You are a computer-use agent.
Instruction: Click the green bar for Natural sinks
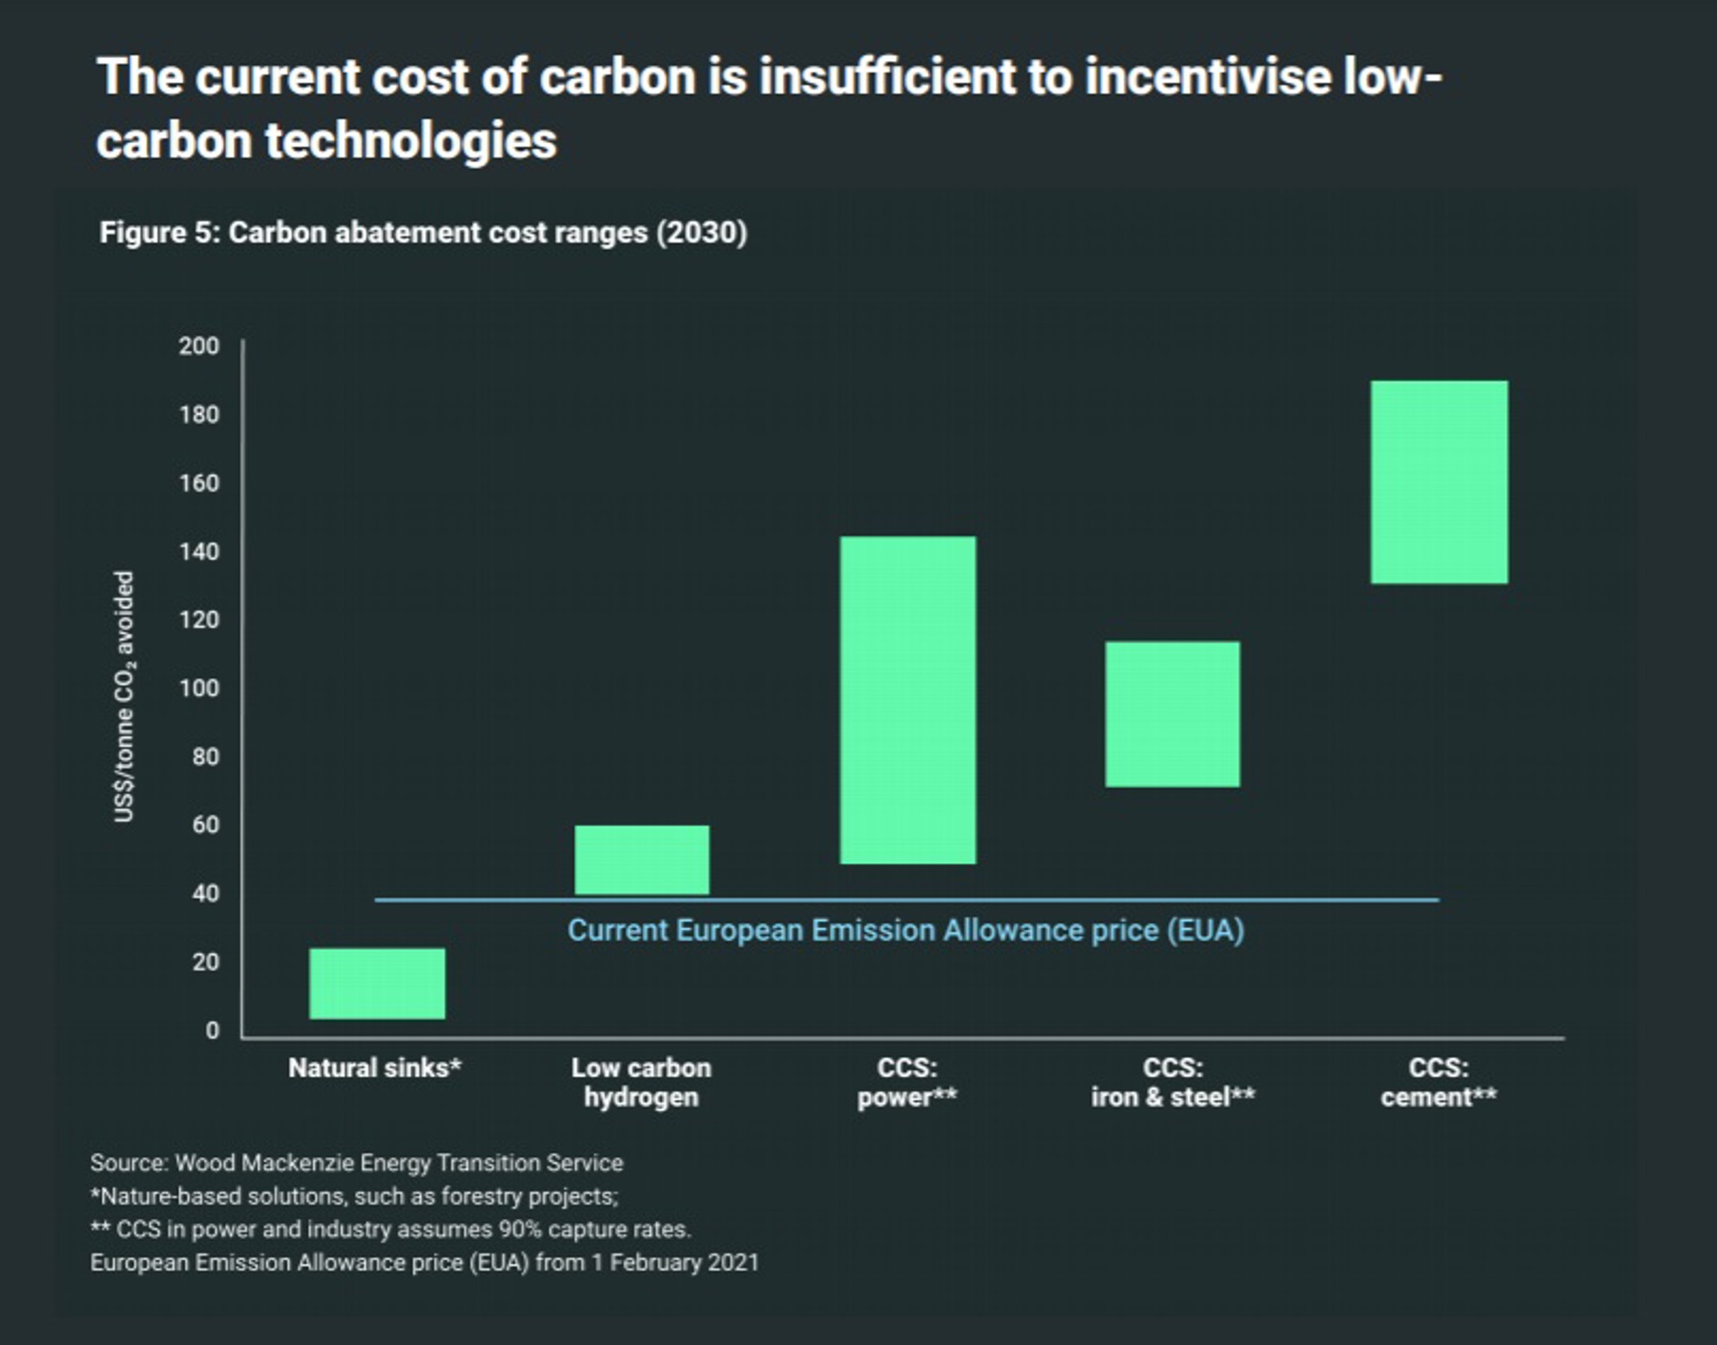[377, 983]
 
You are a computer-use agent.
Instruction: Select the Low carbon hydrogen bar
[642, 859]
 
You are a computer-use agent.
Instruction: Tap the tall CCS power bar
[907, 700]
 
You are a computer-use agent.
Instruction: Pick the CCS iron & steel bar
[1172, 714]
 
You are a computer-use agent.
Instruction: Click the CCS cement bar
[1439, 482]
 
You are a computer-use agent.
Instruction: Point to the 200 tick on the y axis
[198, 345]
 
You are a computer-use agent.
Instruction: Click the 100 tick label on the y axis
[198, 688]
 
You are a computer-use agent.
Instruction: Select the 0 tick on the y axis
[212, 1030]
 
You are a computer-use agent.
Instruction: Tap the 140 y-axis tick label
[198, 551]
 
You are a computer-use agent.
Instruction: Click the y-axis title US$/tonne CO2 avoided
[125, 696]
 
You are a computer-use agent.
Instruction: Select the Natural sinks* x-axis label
[375, 1067]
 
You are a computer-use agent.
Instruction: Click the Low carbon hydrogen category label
[641, 1082]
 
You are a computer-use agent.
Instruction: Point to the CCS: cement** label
[1438, 1082]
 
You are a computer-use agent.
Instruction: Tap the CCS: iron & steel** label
[1172, 1082]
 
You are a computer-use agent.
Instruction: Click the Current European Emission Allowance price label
[905, 930]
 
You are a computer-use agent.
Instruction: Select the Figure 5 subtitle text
[423, 233]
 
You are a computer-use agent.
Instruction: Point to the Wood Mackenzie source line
[356, 1163]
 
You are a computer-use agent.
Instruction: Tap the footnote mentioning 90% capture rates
[390, 1229]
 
